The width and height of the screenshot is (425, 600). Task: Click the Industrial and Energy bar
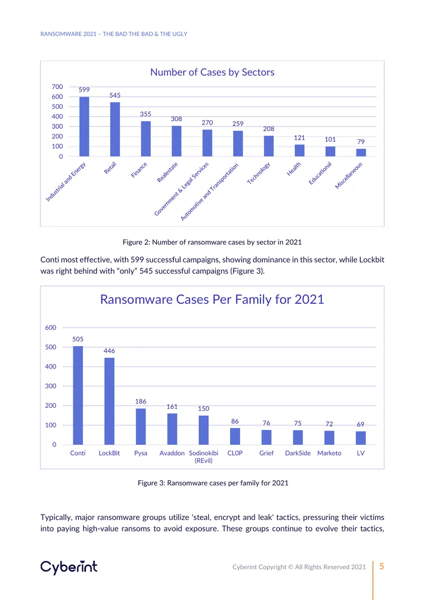point(84,127)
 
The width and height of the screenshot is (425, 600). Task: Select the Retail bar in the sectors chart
point(115,130)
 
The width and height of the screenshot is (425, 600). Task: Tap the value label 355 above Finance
point(146,114)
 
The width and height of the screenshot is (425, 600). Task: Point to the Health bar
point(300,150)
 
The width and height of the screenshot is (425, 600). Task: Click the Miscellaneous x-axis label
point(349,176)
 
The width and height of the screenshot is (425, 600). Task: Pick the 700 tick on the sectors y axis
point(57,87)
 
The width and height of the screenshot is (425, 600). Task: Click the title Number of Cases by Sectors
point(212,72)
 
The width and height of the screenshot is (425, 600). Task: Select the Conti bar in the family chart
point(78,396)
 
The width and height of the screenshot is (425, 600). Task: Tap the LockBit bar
point(109,401)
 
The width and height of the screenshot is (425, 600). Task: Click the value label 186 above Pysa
point(141,401)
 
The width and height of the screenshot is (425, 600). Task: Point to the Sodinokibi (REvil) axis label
point(203,457)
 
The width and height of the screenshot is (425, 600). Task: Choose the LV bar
point(361,438)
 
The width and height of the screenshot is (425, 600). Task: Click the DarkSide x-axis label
point(298,453)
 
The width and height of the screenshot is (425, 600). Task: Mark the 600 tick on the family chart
point(50,328)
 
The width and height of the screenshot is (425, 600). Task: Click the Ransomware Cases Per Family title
point(212,299)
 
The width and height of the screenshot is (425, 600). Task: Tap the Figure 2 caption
point(212,242)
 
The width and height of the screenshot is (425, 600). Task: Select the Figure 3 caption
point(213,483)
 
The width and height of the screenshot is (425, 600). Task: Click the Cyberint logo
point(69,567)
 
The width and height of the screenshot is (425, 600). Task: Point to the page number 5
point(382,567)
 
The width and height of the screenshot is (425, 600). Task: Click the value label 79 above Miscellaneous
point(361,142)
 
